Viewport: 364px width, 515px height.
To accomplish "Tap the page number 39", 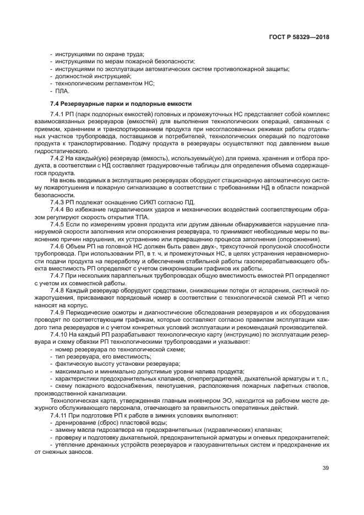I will [x=326, y=468].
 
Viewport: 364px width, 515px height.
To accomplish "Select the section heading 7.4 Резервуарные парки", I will [x=121, y=103].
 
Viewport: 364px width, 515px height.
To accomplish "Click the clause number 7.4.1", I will [x=58, y=113].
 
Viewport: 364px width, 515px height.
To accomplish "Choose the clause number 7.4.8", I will [x=58, y=290].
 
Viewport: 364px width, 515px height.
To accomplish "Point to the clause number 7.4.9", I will [x=58, y=312].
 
